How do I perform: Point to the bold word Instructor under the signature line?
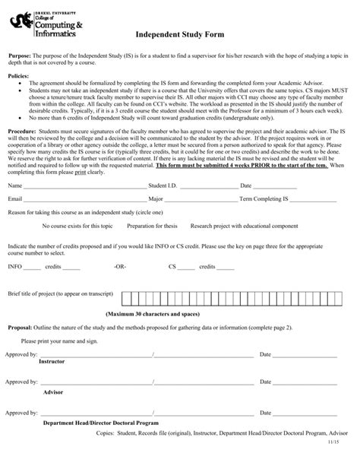(52, 362)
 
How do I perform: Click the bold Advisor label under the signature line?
(52, 391)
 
